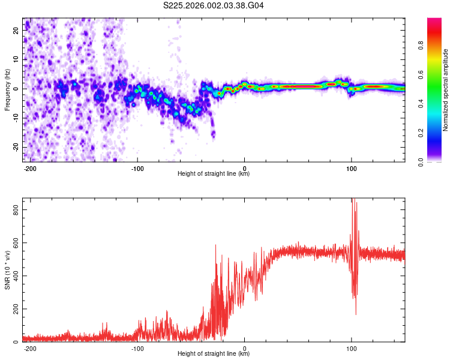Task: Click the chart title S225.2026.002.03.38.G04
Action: point(214,5)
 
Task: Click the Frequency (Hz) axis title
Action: point(7,89)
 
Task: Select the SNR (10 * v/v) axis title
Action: point(7,269)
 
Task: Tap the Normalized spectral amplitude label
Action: point(446,90)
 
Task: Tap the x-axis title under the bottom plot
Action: point(214,354)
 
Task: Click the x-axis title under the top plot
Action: point(214,174)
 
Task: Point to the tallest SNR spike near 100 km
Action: point(353,200)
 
